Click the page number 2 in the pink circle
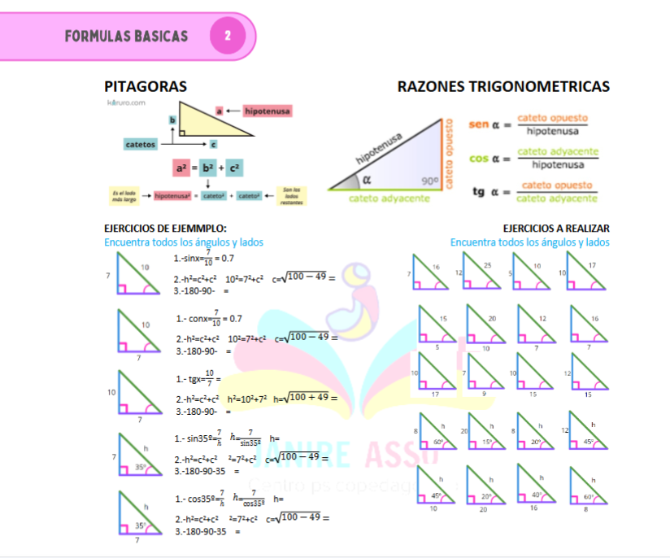point(228,36)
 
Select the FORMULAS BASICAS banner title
point(126,36)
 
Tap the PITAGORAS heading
point(146,86)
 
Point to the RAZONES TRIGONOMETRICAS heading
point(503,86)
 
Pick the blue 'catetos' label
point(141,144)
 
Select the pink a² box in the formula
point(181,168)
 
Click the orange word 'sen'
point(479,124)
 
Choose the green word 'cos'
point(479,159)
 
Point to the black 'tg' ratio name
point(480,192)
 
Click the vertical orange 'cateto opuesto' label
point(449,155)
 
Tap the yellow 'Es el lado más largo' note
point(125,195)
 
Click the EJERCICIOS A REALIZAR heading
point(556,229)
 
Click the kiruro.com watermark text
point(126,102)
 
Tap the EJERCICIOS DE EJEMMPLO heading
point(165,229)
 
